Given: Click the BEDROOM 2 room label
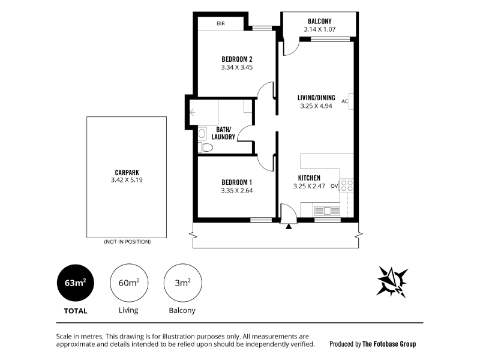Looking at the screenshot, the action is (236, 59).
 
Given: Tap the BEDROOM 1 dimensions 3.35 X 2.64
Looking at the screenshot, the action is (236, 190).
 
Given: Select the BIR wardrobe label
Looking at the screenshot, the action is (220, 23).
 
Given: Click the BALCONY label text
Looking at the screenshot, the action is (320, 21).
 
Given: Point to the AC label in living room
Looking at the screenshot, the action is (344, 101).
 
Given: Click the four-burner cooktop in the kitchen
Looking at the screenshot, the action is (347, 186).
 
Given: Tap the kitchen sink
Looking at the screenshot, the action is (327, 211).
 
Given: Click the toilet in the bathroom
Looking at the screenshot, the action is (205, 148).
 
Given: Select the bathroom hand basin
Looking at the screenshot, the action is (202, 133).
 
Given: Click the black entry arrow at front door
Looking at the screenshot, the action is (289, 227).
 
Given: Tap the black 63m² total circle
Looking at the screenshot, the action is (76, 283).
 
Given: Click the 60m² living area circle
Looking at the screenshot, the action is (129, 283).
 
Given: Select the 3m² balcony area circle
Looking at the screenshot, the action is (183, 283).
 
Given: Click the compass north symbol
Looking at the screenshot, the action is (392, 281).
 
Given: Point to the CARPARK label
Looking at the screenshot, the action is (127, 173).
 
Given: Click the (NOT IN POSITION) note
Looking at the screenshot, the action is (127, 242).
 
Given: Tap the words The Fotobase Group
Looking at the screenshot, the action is (389, 344).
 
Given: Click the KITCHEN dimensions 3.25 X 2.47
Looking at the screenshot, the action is (309, 186).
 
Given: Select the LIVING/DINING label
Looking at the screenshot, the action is (316, 98).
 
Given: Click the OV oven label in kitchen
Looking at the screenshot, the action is (334, 186).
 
